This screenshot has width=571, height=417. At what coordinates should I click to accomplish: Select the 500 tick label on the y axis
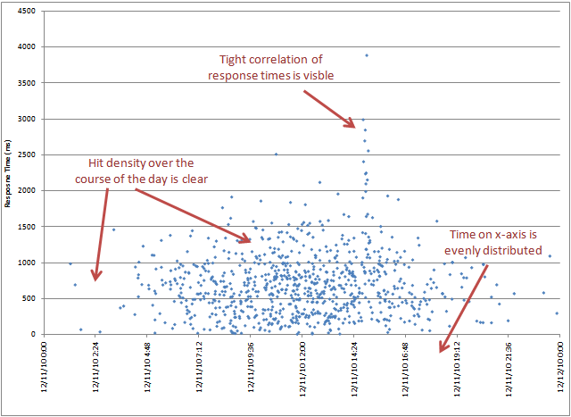(28, 298)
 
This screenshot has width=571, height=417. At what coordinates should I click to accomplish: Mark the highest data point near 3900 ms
(367, 55)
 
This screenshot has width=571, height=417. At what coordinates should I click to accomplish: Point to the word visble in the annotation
(319, 75)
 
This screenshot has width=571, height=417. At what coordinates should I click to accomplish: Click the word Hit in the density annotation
(97, 163)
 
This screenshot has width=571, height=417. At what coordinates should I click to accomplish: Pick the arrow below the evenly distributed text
(464, 304)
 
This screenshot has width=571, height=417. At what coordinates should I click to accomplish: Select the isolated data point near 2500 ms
(276, 154)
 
